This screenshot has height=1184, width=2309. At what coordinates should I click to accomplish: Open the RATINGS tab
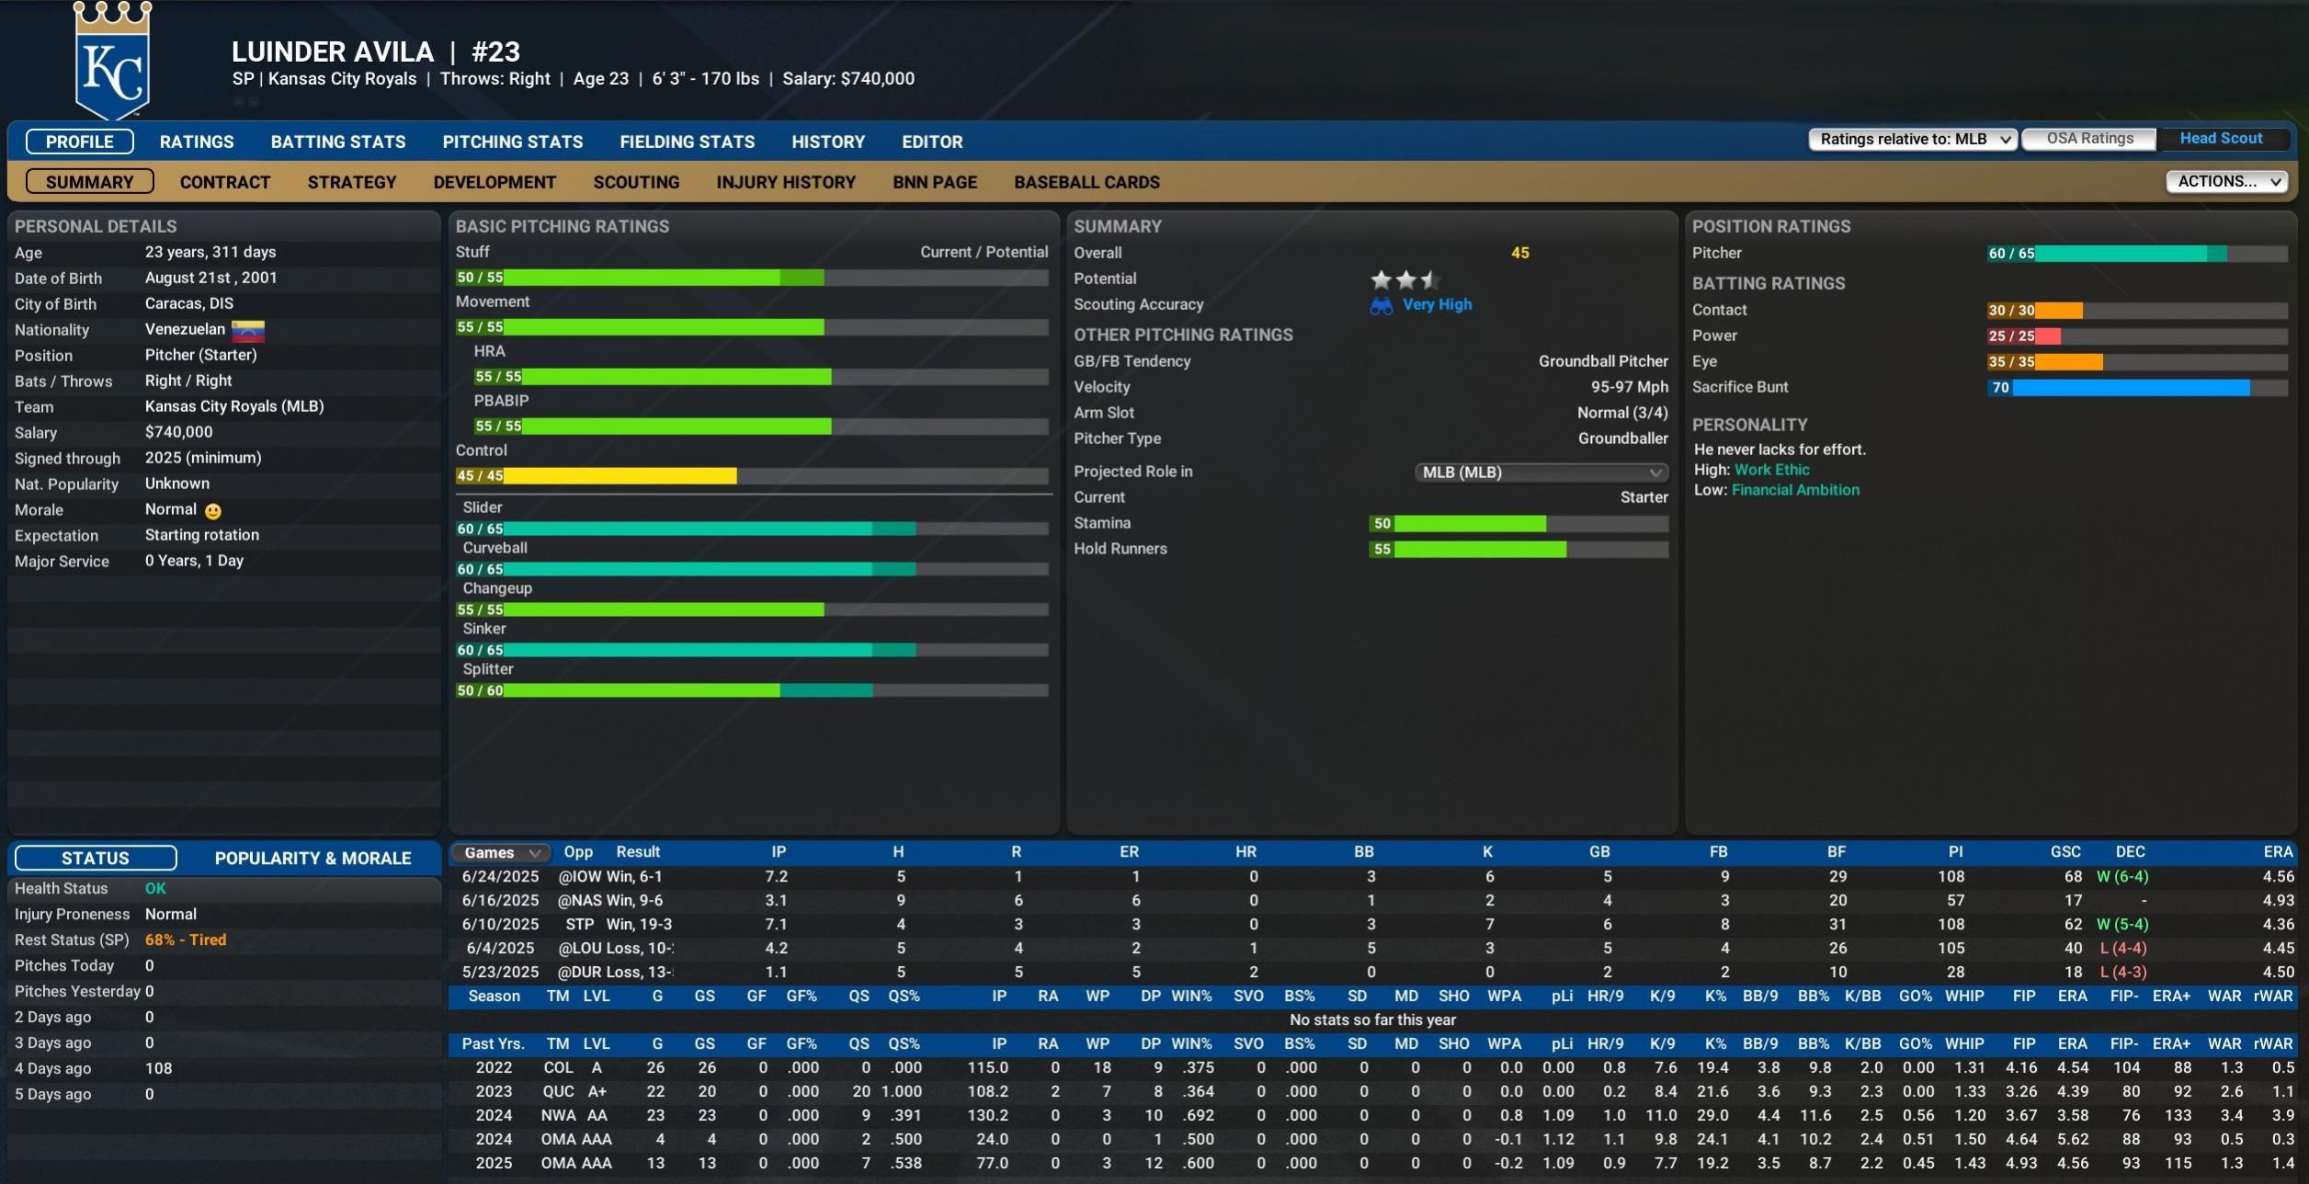tap(197, 142)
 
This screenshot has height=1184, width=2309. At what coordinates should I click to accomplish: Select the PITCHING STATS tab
tap(512, 142)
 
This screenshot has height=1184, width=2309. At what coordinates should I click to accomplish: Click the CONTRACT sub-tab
tap(225, 182)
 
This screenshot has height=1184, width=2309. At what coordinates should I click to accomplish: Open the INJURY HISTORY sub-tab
tap(786, 182)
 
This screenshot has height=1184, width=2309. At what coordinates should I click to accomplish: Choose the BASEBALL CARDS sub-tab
tap(1086, 182)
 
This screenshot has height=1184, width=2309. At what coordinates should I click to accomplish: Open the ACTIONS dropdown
tap(2226, 181)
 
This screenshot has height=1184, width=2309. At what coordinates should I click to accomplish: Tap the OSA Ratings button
tap(2089, 139)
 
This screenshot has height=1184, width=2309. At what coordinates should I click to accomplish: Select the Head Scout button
tap(2221, 139)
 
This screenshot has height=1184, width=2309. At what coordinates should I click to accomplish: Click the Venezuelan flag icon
tap(248, 330)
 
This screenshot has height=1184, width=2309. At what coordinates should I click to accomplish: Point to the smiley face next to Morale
tap(213, 511)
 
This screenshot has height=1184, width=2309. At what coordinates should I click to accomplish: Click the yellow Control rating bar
tap(597, 476)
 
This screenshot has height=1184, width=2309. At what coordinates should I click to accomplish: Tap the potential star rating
tap(1405, 279)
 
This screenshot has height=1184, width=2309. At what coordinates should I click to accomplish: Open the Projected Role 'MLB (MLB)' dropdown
tap(1541, 472)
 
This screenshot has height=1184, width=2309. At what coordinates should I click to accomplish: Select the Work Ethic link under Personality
tap(1771, 470)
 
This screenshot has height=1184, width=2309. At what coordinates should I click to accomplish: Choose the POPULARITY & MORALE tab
tap(313, 858)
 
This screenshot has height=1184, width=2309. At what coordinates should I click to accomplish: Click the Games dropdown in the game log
tap(501, 853)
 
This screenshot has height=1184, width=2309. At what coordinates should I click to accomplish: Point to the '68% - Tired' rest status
tap(186, 939)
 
